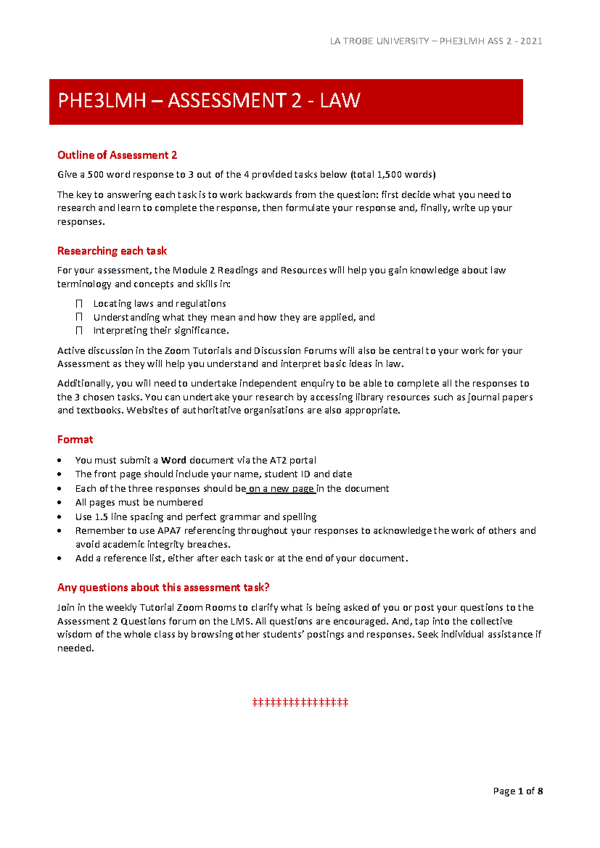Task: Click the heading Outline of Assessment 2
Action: click(x=117, y=155)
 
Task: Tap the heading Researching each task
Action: click(x=112, y=250)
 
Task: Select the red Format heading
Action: click(x=75, y=439)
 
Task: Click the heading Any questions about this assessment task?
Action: click(x=163, y=587)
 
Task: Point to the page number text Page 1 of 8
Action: click(x=517, y=791)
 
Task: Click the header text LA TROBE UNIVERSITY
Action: click(x=379, y=41)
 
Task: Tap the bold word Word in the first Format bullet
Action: click(x=173, y=460)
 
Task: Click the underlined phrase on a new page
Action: click(x=281, y=488)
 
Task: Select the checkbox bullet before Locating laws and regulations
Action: click(x=79, y=303)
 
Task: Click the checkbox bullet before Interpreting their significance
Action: click(x=79, y=330)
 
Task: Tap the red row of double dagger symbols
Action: click(x=300, y=702)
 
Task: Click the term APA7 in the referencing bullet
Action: click(x=169, y=530)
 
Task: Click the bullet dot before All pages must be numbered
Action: click(x=60, y=502)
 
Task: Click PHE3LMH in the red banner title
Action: click(x=102, y=101)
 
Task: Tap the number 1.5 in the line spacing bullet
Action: click(x=101, y=516)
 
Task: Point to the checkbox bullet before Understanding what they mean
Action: click(x=79, y=317)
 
